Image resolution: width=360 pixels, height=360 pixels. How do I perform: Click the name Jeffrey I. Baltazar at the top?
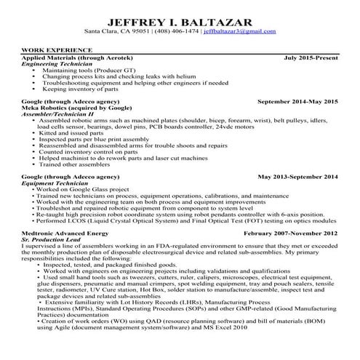pos(180,20)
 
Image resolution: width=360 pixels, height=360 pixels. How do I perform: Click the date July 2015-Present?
pos(311,57)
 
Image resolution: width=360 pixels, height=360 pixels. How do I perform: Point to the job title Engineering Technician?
pos(56,63)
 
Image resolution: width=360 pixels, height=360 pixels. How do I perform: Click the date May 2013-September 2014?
pos(298,177)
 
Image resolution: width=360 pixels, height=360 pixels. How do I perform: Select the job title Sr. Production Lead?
pos(52,239)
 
